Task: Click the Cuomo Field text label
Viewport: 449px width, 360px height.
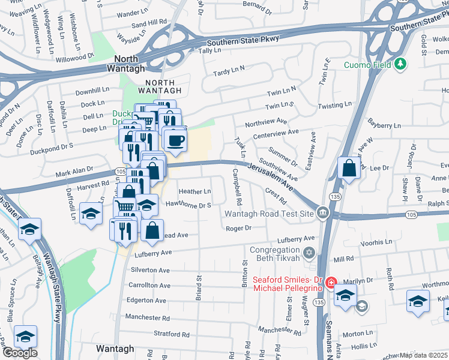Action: pyautogui.click(x=368, y=65)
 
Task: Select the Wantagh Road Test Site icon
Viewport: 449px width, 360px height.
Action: pyautogui.click(x=323, y=213)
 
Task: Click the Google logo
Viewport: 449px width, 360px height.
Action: pyautogui.click(x=20, y=352)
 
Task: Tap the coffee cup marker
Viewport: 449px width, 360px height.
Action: pyautogui.click(x=175, y=140)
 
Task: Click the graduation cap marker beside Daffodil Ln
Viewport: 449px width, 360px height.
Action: pyautogui.click(x=91, y=213)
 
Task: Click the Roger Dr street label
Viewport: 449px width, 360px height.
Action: pyautogui.click(x=238, y=228)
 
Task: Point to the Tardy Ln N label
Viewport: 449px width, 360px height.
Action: pyautogui.click(x=230, y=71)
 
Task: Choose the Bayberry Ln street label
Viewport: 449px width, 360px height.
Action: pyautogui.click(x=384, y=125)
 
